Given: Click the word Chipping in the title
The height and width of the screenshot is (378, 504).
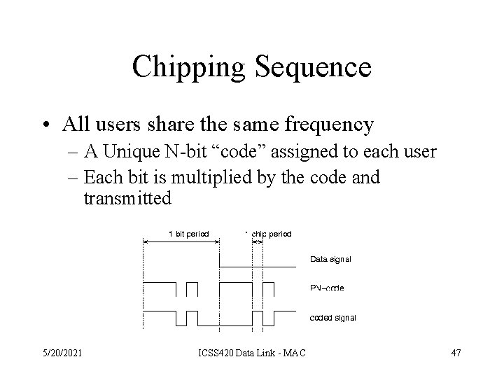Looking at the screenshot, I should coord(188,66).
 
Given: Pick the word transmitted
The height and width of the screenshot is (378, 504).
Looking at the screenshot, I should coord(127,199).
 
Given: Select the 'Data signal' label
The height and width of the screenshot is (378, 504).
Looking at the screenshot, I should coord(330,259).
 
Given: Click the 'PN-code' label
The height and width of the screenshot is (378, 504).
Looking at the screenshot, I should coord(326,288).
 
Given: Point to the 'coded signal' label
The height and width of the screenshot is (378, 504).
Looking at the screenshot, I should coord(332,317).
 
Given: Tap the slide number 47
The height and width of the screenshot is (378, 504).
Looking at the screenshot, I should coord(456,352).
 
